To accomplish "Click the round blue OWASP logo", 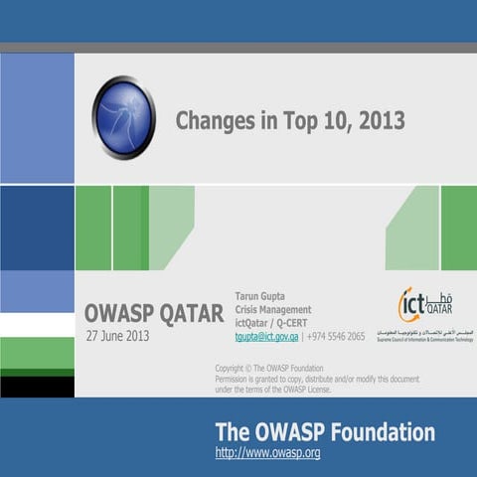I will pyautogui.click(x=124, y=117).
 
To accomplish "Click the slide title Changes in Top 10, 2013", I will pyautogui.click(x=290, y=121).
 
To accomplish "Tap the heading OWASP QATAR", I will pyautogui.click(x=154, y=313).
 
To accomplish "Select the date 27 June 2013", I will pyautogui.click(x=117, y=336).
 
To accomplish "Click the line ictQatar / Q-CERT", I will pyautogui.click(x=270, y=322).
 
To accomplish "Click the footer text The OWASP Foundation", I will pyautogui.click(x=325, y=432).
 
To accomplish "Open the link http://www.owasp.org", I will pyautogui.click(x=267, y=453).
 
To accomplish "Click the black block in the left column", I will pyautogui.click(x=37, y=387).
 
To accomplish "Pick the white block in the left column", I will pyautogui.click(x=37, y=325).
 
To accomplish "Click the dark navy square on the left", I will pyautogui.click(x=37, y=228).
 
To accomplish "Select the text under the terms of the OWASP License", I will pyautogui.click(x=273, y=390).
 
